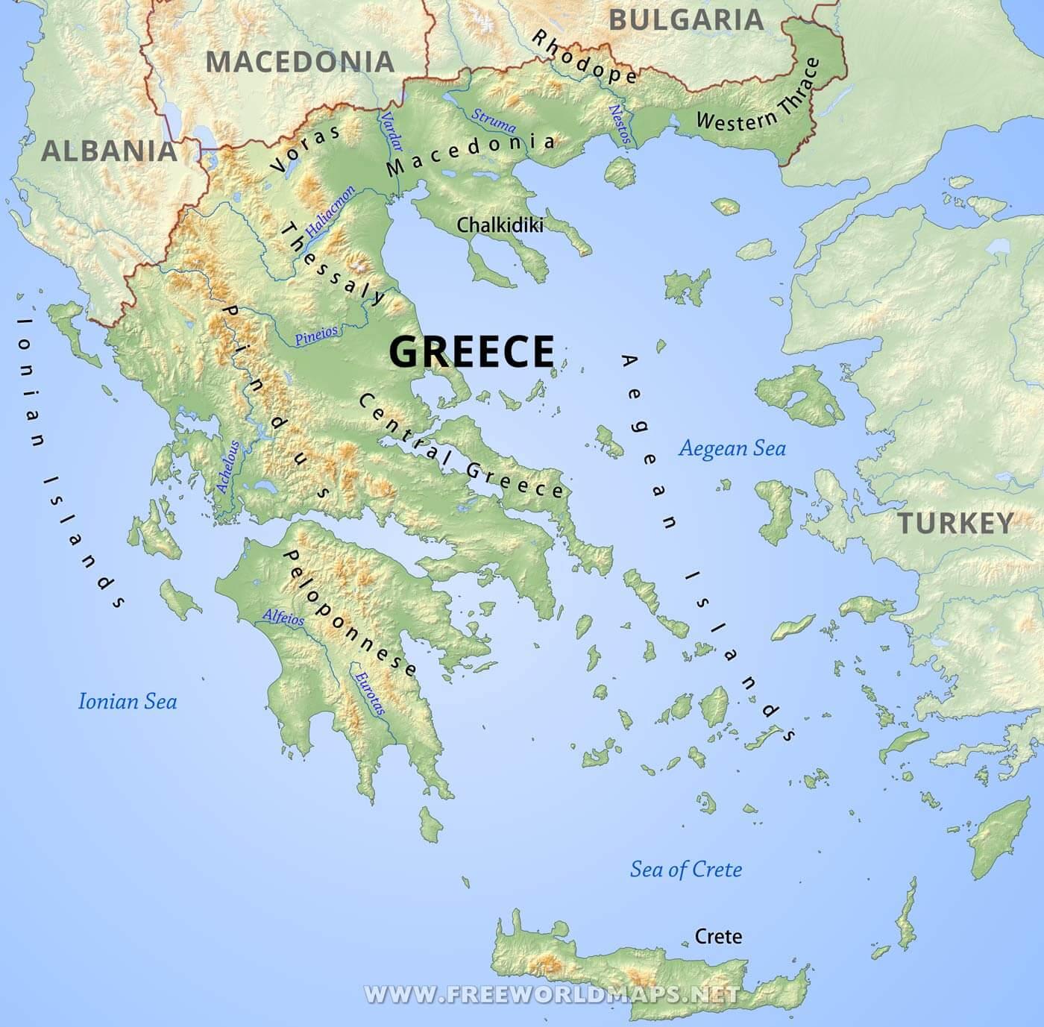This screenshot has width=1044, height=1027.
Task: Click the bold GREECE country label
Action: point(472,351)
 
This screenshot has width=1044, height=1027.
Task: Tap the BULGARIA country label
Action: point(687,19)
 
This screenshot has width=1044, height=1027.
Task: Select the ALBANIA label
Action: point(109,151)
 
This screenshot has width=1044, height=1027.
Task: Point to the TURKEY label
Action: point(955,523)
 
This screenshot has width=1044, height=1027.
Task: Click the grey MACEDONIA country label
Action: point(300,62)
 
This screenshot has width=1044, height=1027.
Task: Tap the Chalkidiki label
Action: point(500,224)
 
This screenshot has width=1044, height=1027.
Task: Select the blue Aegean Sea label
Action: point(732,448)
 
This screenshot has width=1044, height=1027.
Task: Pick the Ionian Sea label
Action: point(128,701)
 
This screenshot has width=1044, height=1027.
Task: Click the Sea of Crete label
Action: point(686,869)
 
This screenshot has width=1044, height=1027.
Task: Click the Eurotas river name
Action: point(370,694)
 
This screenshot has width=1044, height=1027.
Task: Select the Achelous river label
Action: point(228,467)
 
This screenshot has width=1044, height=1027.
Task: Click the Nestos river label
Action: point(620,124)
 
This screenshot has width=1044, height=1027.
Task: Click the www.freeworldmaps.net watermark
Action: point(551,994)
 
